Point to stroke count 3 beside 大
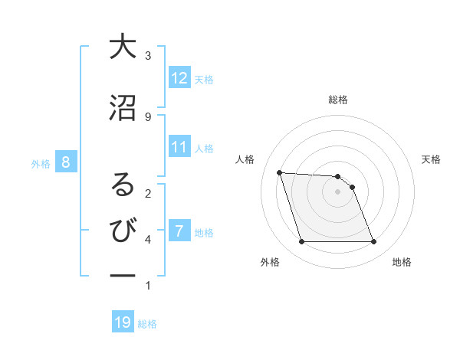click(148, 55)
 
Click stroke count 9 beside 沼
click(148, 116)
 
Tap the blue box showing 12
click(179, 78)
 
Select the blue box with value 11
click(179, 147)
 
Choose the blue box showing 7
click(179, 231)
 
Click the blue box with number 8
click(67, 162)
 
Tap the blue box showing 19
click(123, 322)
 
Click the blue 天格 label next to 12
click(204, 79)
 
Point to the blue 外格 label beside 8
click(41, 162)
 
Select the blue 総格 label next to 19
click(147, 324)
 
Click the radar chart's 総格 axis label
click(338, 100)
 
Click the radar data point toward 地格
click(374, 242)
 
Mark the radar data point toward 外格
click(301, 242)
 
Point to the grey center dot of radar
click(338, 191)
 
